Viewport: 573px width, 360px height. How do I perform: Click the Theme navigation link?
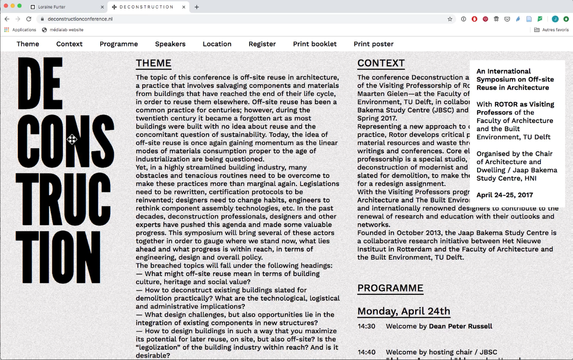(x=28, y=44)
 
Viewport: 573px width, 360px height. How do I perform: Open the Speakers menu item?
(x=170, y=44)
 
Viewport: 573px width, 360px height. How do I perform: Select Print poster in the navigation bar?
(x=373, y=44)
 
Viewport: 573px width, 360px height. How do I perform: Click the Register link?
(x=262, y=44)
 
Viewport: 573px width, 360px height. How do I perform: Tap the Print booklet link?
(x=315, y=44)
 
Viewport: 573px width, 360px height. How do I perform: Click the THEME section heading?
(x=153, y=63)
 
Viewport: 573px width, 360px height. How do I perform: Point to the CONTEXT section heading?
(x=381, y=63)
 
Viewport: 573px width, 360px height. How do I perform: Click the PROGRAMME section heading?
(x=390, y=288)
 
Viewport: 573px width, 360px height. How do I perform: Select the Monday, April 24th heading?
(x=404, y=311)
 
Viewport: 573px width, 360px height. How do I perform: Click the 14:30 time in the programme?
(x=366, y=326)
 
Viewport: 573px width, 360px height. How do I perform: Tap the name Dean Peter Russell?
(x=460, y=326)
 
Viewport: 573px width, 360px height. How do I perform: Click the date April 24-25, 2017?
(x=504, y=195)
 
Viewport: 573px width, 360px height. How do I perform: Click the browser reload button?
(x=29, y=19)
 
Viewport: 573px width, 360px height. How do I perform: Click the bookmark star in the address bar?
(x=450, y=19)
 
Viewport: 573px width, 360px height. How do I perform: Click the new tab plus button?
(x=197, y=7)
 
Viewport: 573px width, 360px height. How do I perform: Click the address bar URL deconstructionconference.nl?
(x=80, y=19)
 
